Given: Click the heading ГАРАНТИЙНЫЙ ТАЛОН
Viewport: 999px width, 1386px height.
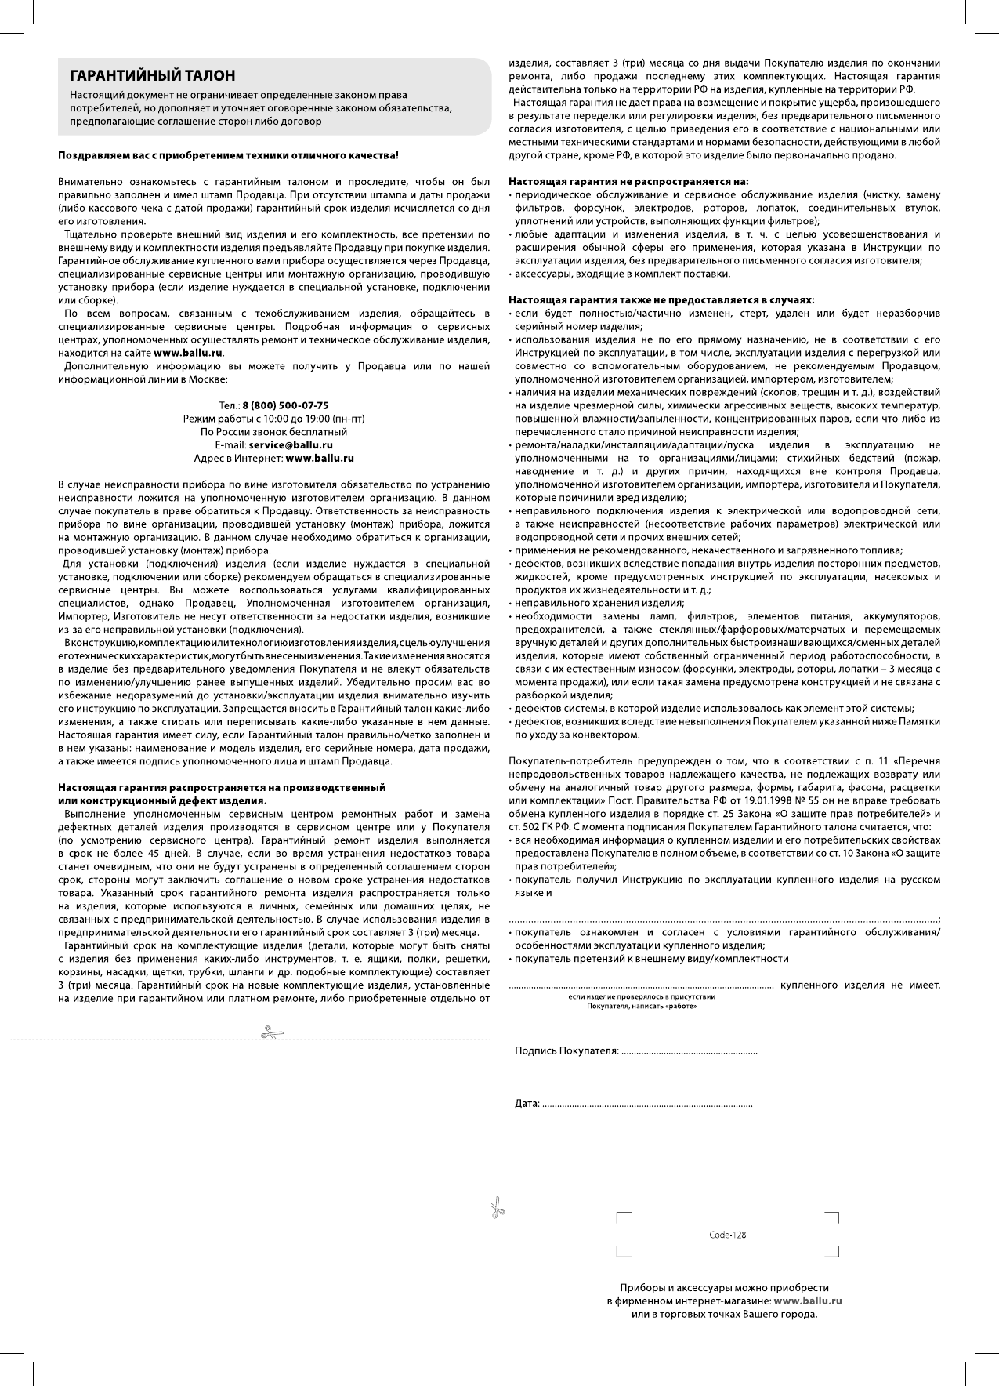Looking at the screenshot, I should click(x=152, y=76).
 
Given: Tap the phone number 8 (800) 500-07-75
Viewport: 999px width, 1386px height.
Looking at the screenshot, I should click(x=285, y=405).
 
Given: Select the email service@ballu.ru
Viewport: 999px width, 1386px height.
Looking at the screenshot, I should click(x=291, y=444).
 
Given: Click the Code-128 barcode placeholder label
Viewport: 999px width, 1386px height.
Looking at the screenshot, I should click(x=727, y=1235).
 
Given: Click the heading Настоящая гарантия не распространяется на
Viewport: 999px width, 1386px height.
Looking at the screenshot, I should click(x=628, y=181).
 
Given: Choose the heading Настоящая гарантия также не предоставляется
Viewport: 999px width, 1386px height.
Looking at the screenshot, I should click(x=661, y=299).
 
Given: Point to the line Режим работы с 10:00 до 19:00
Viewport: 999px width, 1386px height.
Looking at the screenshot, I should click(x=273, y=419).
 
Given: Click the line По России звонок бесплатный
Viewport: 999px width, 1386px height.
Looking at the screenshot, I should click(x=273, y=432).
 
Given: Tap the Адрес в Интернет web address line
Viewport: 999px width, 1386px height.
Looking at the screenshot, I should click(x=273, y=457).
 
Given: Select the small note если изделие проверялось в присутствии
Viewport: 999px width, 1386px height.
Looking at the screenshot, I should click(x=641, y=996).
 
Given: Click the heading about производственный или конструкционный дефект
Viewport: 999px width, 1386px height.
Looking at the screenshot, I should click(x=222, y=793).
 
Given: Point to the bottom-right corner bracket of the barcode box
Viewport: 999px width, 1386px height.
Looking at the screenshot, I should click(x=834, y=1252).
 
